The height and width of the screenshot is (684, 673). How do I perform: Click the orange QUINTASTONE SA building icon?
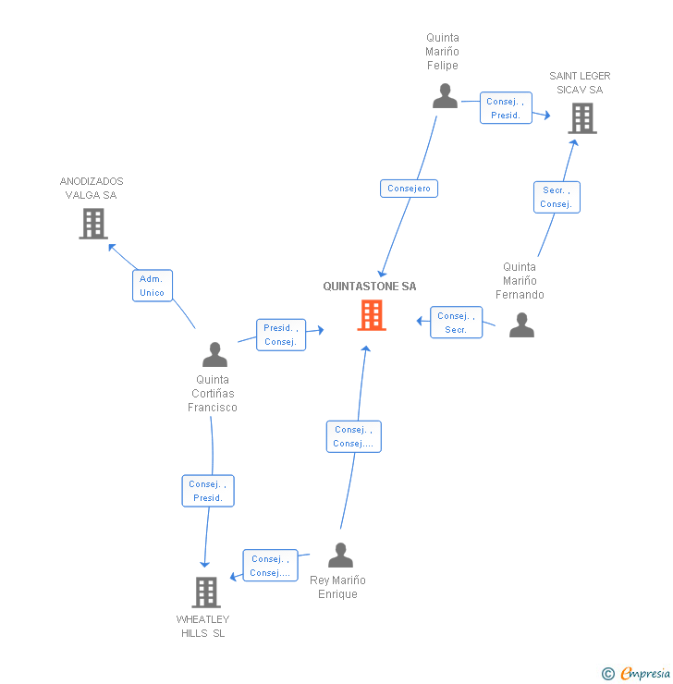click(x=371, y=315)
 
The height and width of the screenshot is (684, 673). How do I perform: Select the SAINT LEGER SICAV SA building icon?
click(x=581, y=117)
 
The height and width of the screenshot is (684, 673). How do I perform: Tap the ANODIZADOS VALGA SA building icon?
click(x=92, y=223)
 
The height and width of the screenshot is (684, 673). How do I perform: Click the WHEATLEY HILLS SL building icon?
click(x=205, y=592)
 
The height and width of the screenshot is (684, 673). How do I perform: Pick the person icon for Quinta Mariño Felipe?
click(x=445, y=96)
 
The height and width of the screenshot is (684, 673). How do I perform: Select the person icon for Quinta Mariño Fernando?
click(x=521, y=324)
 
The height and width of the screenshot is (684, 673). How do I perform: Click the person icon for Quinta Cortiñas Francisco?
click(x=214, y=354)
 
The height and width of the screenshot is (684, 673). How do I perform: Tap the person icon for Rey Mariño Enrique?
click(x=340, y=555)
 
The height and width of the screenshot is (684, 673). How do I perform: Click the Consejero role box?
click(x=409, y=189)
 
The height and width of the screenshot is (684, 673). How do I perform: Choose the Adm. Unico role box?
click(x=152, y=286)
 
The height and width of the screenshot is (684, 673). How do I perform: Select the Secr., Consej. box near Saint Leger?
click(x=557, y=197)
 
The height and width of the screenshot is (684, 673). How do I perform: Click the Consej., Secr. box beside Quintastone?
click(x=456, y=323)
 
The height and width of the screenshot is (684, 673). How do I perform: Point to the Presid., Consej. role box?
click(x=280, y=335)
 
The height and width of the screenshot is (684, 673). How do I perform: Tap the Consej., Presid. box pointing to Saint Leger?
click(x=506, y=108)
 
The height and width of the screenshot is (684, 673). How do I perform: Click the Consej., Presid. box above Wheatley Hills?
click(x=208, y=491)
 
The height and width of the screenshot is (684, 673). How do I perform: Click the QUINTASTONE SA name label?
click(x=370, y=287)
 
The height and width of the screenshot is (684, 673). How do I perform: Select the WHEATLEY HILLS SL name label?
click(x=203, y=626)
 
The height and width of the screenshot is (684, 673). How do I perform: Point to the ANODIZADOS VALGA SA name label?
click(x=92, y=189)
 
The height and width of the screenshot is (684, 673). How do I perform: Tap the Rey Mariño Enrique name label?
click(x=337, y=587)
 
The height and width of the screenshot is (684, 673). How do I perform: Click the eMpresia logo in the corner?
click(x=637, y=673)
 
